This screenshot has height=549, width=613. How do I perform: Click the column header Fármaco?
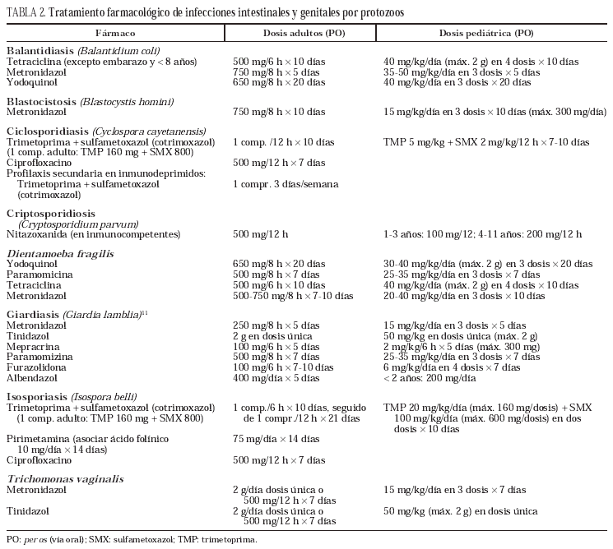click(114, 33)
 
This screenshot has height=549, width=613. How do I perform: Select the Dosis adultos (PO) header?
click(300, 33)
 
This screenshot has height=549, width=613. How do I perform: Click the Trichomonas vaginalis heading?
click(63, 477)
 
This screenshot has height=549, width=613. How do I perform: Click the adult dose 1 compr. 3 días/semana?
click(286, 184)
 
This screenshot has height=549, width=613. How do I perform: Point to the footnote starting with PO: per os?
click(132, 540)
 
